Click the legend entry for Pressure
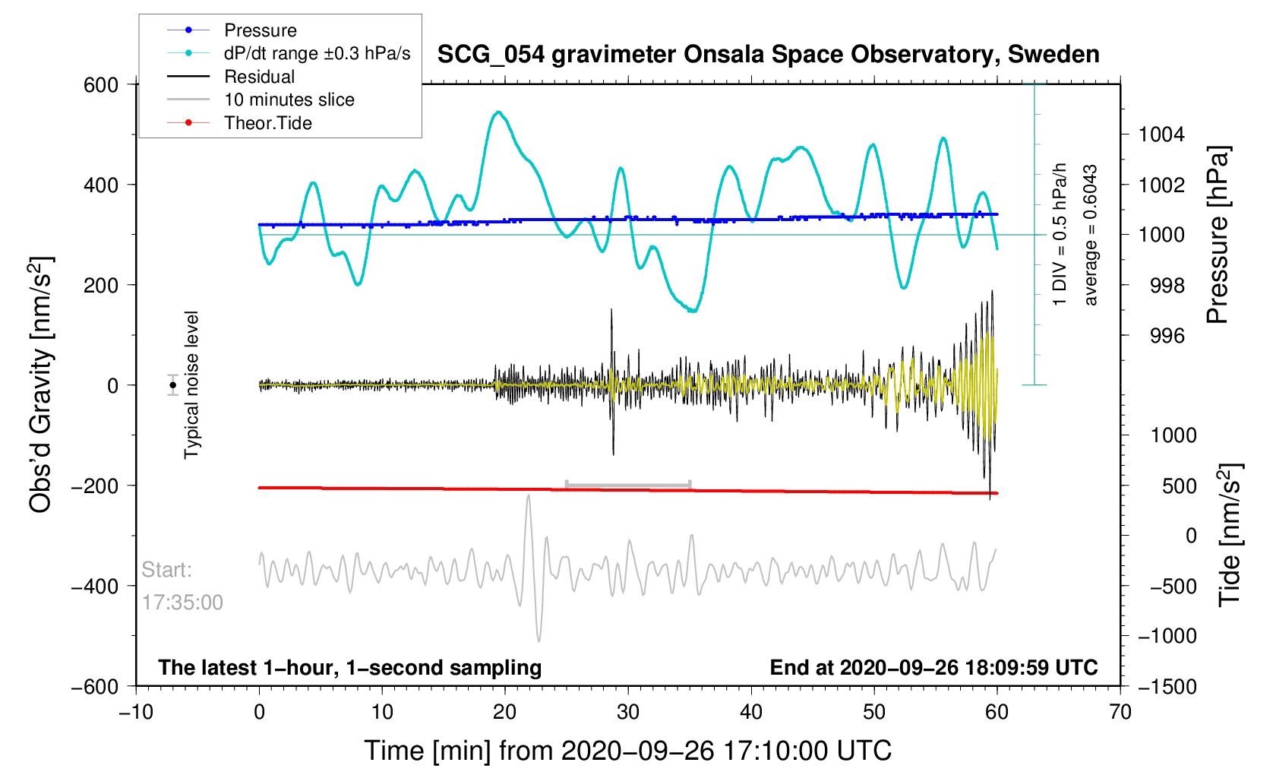pyautogui.click(x=260, y=30)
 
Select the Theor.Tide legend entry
pyautogui.click(x=267, y=123)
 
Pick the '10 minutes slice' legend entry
pyautogui.click(x=289, y=100)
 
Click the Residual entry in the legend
pyautogui.click(x=259, y=77)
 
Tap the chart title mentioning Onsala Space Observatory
pyautogui.click(x=768, y=55)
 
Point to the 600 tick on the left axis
pyautogui.click(x=101, y=85)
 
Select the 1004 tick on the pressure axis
pyautogui.click(x=1161, y=135)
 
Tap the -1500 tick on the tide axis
pyautogui.click(x=1167, y=687)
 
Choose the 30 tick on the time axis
pyautogui.click(x=628, y=712)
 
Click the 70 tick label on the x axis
pyautogui.click(x=1120, y=712)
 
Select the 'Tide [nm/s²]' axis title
pyautogui.click(x=1229, y=535)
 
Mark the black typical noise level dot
pyautogui.click(x=173, y=385)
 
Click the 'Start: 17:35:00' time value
pyautogui.click(x=182, y=603)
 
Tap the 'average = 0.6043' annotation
pyautogui.click(x=1091, y=236)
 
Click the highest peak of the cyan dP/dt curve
pyautogui.click(x=498, y=112)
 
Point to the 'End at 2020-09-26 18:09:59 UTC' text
pyautogui.click(x=933, y=668)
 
